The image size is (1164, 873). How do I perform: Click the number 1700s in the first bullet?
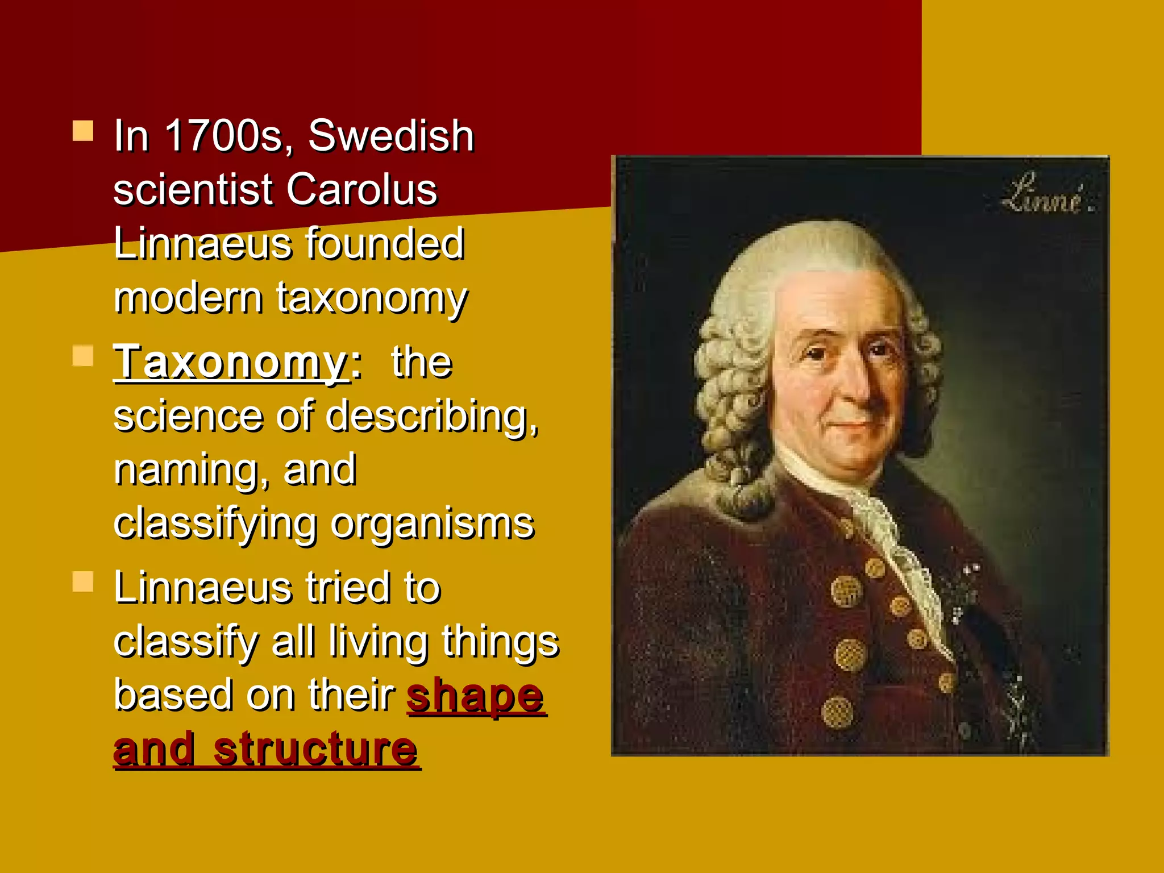(x=223, y=136)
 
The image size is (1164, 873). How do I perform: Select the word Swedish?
(x=391, y=136)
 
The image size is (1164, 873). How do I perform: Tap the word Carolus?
(x=361, y=189)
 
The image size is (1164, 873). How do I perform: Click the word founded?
(x=385, y=243)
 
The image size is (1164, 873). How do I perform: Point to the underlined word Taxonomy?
(x=231, y=362)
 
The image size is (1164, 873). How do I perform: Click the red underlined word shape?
(x=476, y=695)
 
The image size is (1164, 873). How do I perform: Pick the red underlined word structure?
(x=315, y=749)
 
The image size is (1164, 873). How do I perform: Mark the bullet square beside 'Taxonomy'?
(x=83, y=356)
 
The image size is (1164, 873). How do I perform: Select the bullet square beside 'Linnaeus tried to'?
(x=83, y=581)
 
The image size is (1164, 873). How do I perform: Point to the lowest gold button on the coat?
(x=837, y=712)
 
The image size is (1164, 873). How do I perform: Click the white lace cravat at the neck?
(x=887, y=529)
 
